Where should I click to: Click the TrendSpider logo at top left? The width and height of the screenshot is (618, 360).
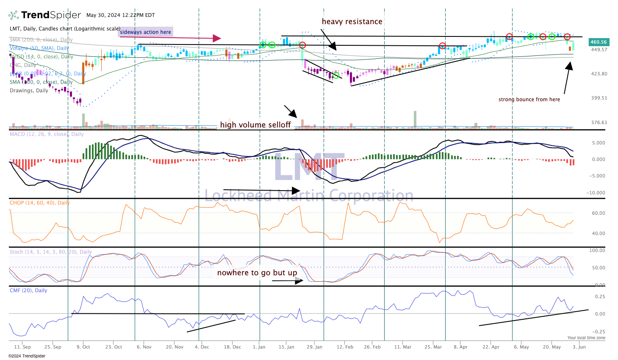point(44,15)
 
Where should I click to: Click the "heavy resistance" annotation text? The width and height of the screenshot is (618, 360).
point(352,22)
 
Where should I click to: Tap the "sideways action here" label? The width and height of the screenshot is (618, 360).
point(145,32)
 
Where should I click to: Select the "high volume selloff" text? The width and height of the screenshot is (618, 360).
point(255,125)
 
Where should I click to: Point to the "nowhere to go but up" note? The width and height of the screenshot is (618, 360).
point(257,272)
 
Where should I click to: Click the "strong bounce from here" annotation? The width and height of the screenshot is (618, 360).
point(529,100)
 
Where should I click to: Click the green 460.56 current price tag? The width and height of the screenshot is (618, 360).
point(599,42)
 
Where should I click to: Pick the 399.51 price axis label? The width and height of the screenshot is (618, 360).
point(599,98)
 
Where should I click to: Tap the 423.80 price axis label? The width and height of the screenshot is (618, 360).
point(599,74)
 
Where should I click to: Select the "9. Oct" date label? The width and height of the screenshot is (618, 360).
point(83,347)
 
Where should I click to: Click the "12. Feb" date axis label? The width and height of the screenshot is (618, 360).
point(345,347)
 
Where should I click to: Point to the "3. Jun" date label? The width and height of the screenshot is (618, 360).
point(579,347)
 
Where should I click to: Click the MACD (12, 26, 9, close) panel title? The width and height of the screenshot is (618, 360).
point(47,134)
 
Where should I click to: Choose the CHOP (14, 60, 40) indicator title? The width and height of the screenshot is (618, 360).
point(39,203)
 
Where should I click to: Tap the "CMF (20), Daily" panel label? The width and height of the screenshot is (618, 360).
point(28,291)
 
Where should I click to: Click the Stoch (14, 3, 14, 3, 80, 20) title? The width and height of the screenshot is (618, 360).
point(50,252)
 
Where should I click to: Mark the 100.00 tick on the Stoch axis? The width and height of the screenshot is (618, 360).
point(597,250)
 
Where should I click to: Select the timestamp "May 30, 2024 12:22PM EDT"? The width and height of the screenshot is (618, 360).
point(121,15)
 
